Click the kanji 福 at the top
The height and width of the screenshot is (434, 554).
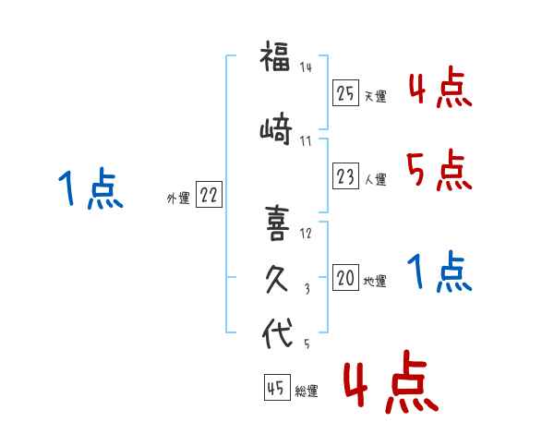coord(275,56)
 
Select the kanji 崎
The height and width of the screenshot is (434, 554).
coord(276,128)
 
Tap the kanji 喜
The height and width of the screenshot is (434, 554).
coord(277,223)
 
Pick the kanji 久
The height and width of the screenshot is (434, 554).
coord(277,279)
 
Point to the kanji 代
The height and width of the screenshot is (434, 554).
coord(277,332)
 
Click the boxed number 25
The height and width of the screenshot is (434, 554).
coord(345,93)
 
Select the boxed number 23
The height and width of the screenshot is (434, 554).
coord(345,175)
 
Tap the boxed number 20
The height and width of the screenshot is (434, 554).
coord(345,277)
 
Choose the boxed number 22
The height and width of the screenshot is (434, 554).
coord(209,195)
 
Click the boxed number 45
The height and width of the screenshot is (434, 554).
coord(277,387)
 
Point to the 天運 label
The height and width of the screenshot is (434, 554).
coord(376,96)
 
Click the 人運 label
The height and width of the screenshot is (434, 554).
coord(376,179)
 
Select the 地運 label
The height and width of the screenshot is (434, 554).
coord(375,281)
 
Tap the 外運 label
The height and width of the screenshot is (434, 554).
coord(178,199)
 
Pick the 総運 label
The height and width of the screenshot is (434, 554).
coord(307,391)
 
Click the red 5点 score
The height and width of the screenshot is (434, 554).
coord(439,170)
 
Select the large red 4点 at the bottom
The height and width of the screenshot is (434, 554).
coord(391,381)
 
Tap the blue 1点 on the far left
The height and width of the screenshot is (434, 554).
coord(90,188)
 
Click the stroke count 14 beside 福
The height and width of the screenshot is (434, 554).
coord(306,66)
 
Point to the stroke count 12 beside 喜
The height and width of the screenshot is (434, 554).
coord(306,233)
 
